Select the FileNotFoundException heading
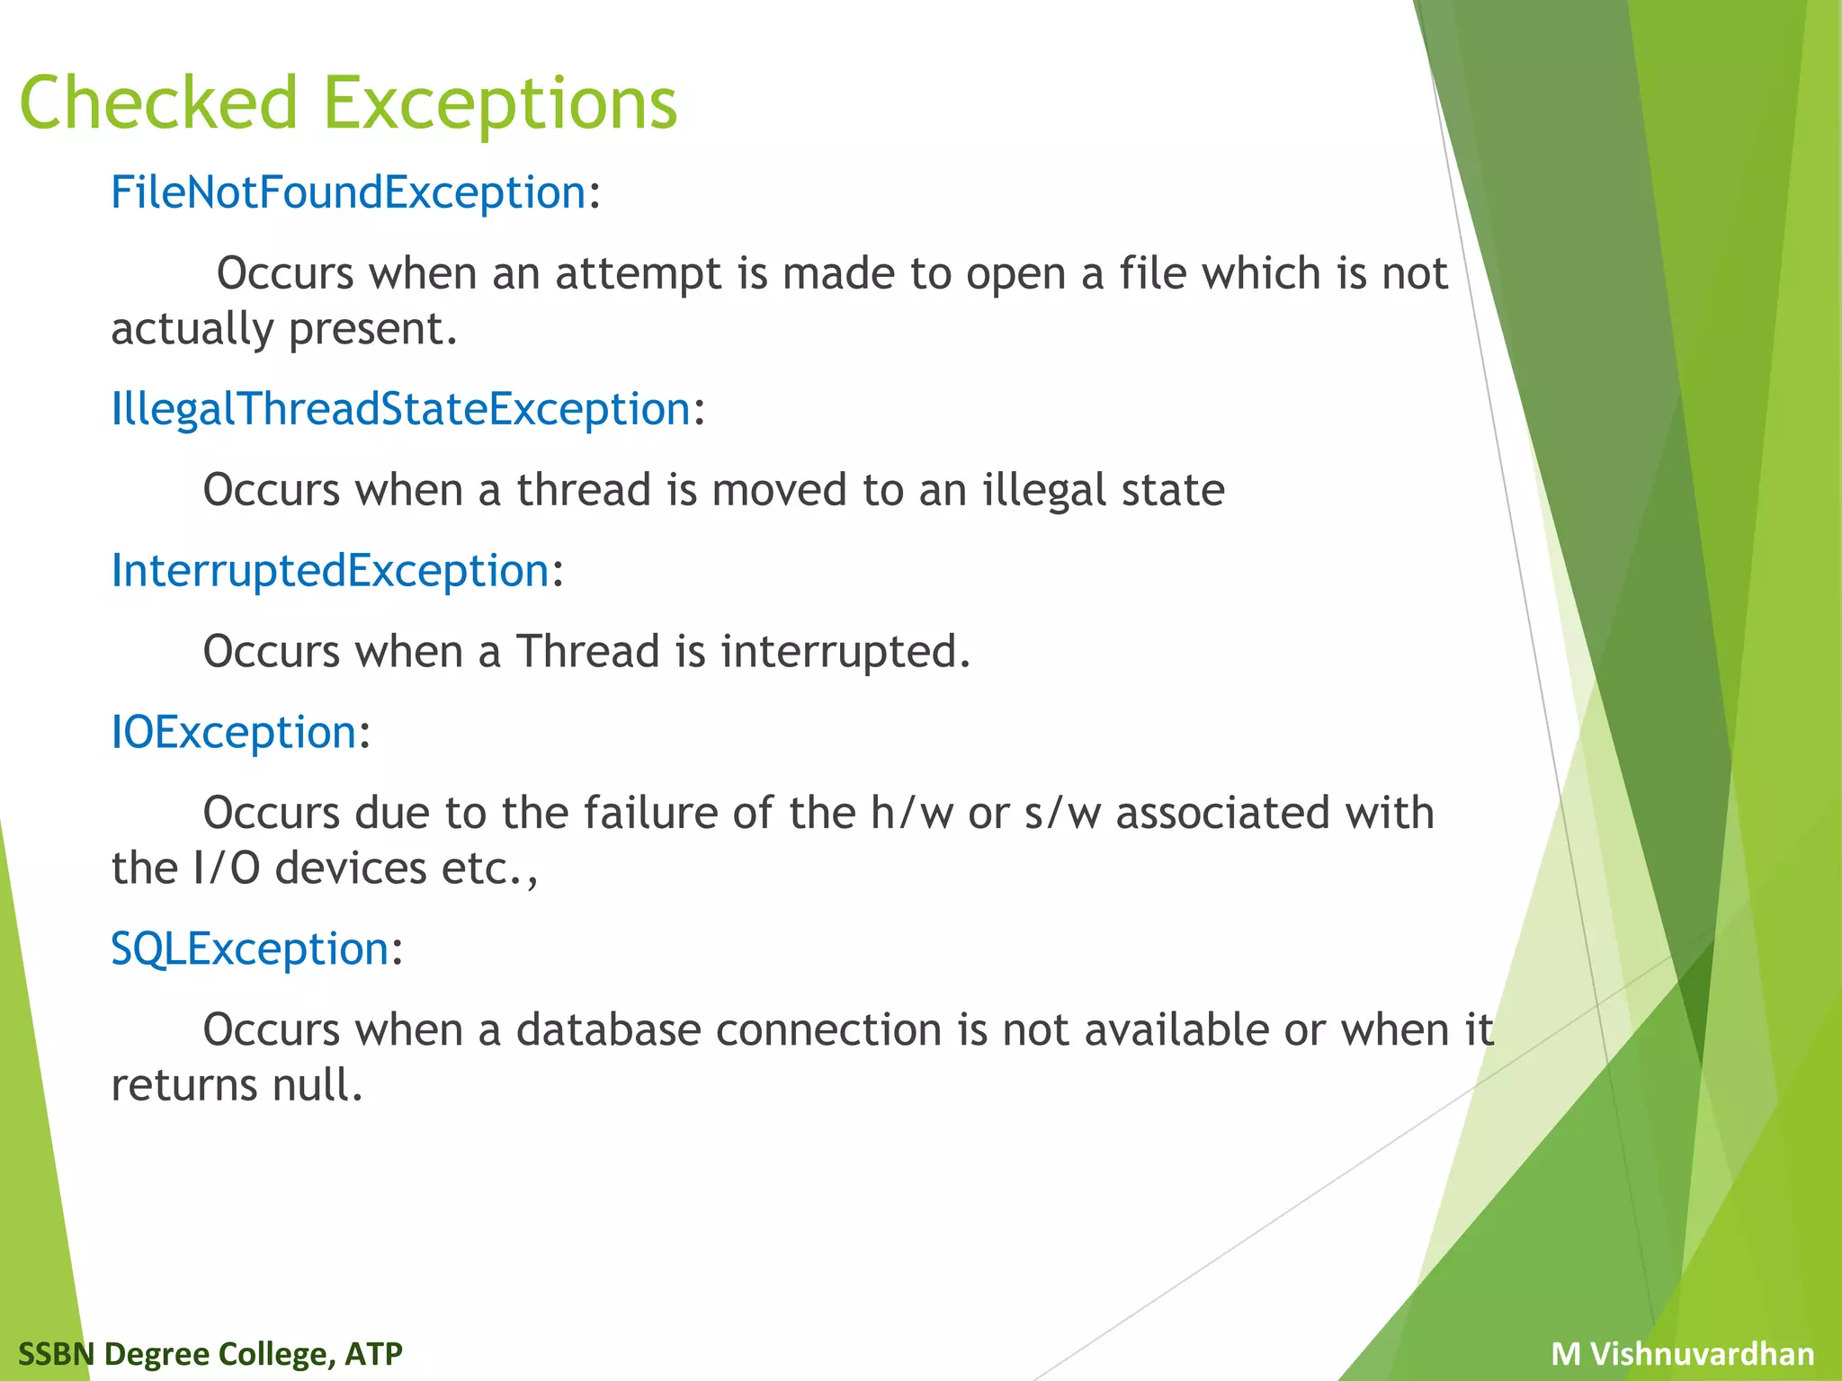pos(348,192)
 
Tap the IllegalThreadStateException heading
pos(400,409)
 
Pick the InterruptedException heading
pos(330,571)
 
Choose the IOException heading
pos(234,732)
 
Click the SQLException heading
pos(250,949)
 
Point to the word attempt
pos(638,273)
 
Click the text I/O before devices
pos(226,869)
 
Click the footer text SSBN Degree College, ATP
pos(210,1353)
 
